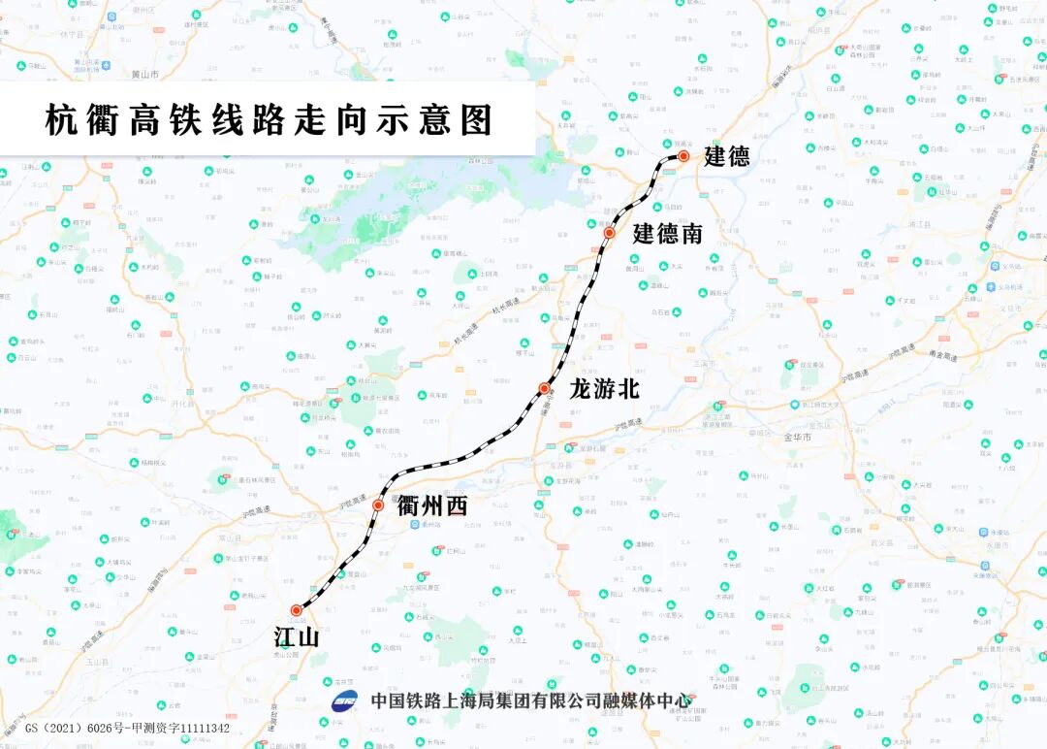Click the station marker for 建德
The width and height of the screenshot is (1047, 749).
683,156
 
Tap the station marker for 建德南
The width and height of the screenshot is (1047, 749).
610,233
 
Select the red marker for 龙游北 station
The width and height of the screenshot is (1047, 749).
545,388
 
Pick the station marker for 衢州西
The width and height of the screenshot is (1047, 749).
378,505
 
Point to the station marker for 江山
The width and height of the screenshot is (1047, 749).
297,610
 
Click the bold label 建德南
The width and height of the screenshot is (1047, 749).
668,234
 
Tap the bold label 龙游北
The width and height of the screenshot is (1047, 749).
604,389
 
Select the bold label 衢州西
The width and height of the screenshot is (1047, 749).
432,505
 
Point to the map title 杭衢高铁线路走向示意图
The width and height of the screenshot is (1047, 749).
269,120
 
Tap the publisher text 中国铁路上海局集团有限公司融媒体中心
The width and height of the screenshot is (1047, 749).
531,700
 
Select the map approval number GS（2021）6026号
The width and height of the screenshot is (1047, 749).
84,728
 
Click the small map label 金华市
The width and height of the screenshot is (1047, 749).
796,438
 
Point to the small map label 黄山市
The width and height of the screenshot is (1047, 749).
143,74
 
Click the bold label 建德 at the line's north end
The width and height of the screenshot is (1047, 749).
726,156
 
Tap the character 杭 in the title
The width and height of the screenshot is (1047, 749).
61,120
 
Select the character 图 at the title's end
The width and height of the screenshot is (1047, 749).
476,120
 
